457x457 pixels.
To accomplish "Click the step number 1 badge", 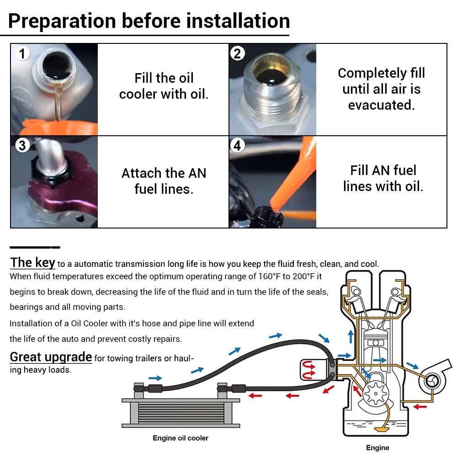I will (x=22, y=53).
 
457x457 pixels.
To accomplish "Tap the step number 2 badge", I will (x=237, y=53).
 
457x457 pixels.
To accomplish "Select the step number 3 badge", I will (x=22, y=145).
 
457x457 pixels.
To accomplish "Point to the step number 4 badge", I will (x=237, y=145).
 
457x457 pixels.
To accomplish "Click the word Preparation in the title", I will (x=62, y=21).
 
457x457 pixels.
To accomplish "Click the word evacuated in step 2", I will (x=381, y=105).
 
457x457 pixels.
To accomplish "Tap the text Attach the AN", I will (x=164, y=173).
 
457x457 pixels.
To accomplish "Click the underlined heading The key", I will (x=32, y=263).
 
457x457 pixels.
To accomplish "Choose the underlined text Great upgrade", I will (x=51, y=357).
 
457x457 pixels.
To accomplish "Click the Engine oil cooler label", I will (x=181, y=438).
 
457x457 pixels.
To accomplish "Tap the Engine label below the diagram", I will (x=377, y=447).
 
